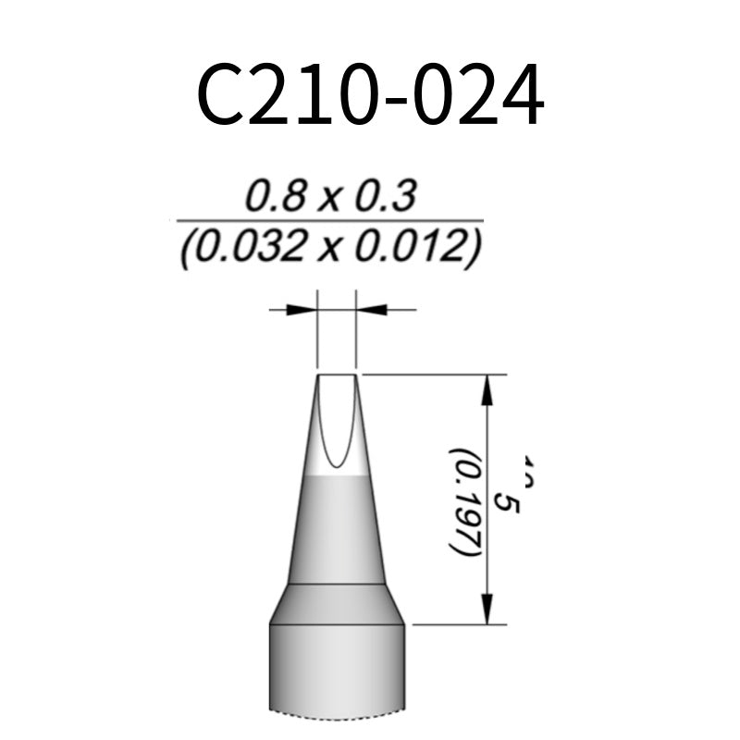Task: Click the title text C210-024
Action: point(370,96)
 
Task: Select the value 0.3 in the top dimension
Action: point(386,196)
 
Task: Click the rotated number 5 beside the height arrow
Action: point(507,501)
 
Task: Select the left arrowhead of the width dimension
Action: point(302,309)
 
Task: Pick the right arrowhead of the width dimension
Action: point(372,309)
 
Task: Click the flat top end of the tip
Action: point(337,375)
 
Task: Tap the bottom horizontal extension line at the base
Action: point(458,624)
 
